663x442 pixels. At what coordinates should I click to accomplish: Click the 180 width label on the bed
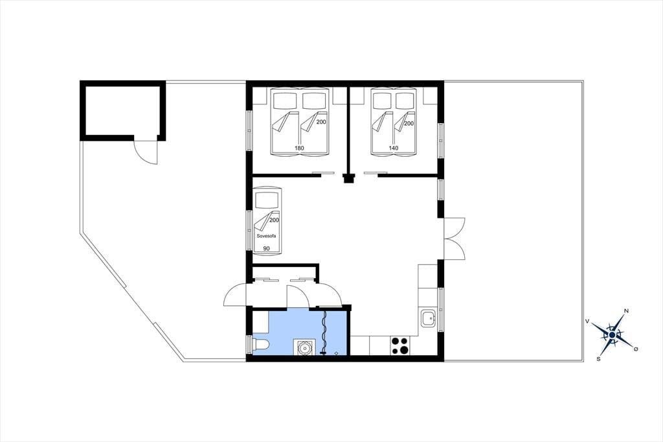click(299, 148)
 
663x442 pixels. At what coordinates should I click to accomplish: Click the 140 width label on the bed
click(394, 148)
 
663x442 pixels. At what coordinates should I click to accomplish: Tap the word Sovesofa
click(266, 236)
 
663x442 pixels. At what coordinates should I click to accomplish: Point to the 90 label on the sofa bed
click(266, 248)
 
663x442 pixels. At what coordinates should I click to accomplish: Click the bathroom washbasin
click(304, 347)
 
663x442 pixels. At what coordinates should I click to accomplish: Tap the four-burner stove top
click(399, 345)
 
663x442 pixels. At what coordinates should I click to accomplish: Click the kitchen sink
click(429, 318)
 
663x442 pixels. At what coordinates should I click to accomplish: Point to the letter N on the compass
click(626, 311)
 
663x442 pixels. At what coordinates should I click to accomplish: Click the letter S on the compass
click(598, 359)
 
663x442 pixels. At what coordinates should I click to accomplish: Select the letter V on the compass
click(587, 321)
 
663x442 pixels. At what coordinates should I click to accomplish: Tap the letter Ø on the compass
click(636, 349)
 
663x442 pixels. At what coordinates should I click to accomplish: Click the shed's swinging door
click(146, 151)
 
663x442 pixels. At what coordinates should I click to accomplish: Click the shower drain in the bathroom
click(336, 353)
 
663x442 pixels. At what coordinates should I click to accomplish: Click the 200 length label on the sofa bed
click(274, 220)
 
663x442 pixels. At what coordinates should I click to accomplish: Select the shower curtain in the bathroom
click(324, 332)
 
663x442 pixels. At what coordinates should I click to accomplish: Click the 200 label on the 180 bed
click(321, 122)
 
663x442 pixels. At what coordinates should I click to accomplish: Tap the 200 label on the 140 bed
click(409, 124)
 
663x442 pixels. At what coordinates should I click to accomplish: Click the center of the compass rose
click(612, 335)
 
